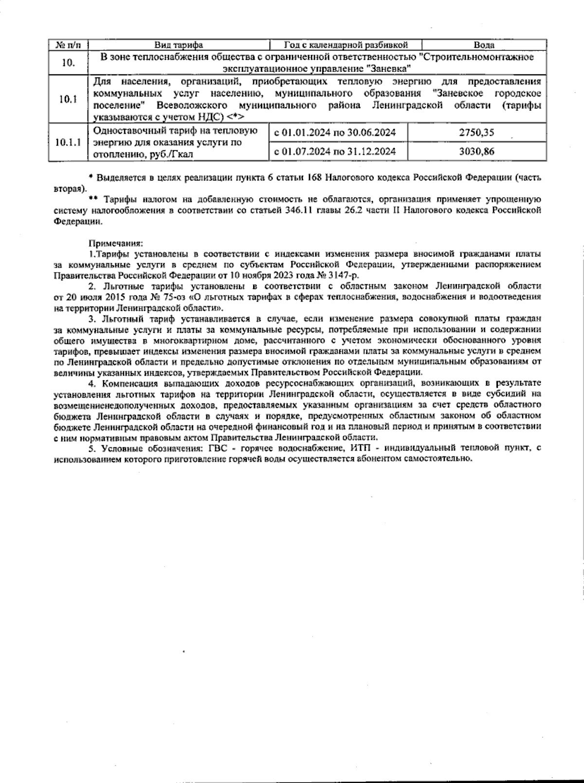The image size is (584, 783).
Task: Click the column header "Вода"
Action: pos(484,45)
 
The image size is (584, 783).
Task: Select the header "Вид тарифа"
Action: pos(179,45)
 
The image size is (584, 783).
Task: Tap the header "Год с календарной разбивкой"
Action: pos(346,45)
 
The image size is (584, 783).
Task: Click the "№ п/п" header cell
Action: pos(68,45)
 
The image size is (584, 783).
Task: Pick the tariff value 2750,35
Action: pos(476,132)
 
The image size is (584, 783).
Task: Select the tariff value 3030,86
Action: pos(476,151)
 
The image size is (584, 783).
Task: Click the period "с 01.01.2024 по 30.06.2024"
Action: pos(335,132)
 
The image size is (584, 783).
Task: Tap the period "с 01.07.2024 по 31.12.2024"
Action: pos(335,151)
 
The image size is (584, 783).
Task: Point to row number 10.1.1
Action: pos(68,142)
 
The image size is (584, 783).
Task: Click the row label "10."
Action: pos(68,62)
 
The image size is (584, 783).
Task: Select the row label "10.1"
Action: pos(68,99)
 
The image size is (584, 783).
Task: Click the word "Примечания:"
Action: pos(116,243)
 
